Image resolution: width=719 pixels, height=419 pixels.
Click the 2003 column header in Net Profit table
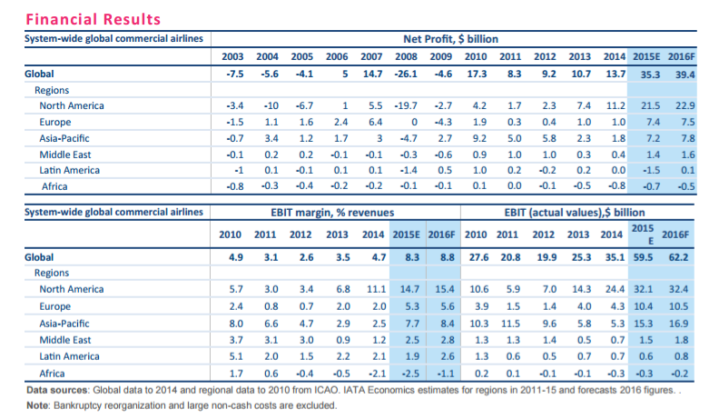[x=234, y=57]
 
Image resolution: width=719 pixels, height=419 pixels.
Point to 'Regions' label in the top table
[x=52, y=90]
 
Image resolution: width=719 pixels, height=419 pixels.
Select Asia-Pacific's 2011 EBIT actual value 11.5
[x=513, y=323]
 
